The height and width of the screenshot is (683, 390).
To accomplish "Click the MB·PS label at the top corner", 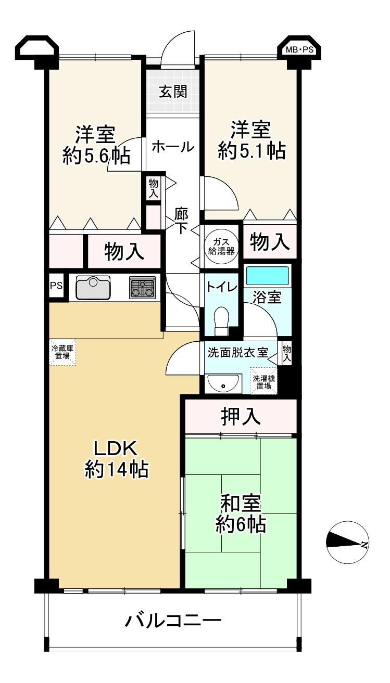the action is tap(299, 50).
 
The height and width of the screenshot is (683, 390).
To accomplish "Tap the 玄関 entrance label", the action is tap(173, 92).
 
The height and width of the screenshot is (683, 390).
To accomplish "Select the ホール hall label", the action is tap(173, 147).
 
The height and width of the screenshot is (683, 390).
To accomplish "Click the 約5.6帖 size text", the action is tap(96, 156).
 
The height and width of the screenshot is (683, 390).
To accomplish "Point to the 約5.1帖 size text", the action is tap(251, 151).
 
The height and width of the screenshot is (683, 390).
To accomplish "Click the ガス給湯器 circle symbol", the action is tap(221, 247).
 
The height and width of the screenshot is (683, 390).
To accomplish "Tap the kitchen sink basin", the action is tap(93, 288).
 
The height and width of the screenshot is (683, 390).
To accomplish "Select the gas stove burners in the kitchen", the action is tap(142, 287).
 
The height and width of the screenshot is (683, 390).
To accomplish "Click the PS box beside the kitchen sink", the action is tap(56, 286).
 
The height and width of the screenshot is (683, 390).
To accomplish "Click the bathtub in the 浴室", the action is tap(267, 276).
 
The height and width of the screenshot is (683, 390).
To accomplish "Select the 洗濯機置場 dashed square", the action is tap(264, 382).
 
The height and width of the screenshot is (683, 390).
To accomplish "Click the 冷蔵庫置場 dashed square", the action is tap(62, 352).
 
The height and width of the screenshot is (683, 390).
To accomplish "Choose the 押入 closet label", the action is tap(241, 417).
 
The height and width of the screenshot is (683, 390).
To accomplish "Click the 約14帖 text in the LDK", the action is tap(117, 469).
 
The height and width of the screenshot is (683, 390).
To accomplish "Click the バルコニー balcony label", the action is tap(173, 620).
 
